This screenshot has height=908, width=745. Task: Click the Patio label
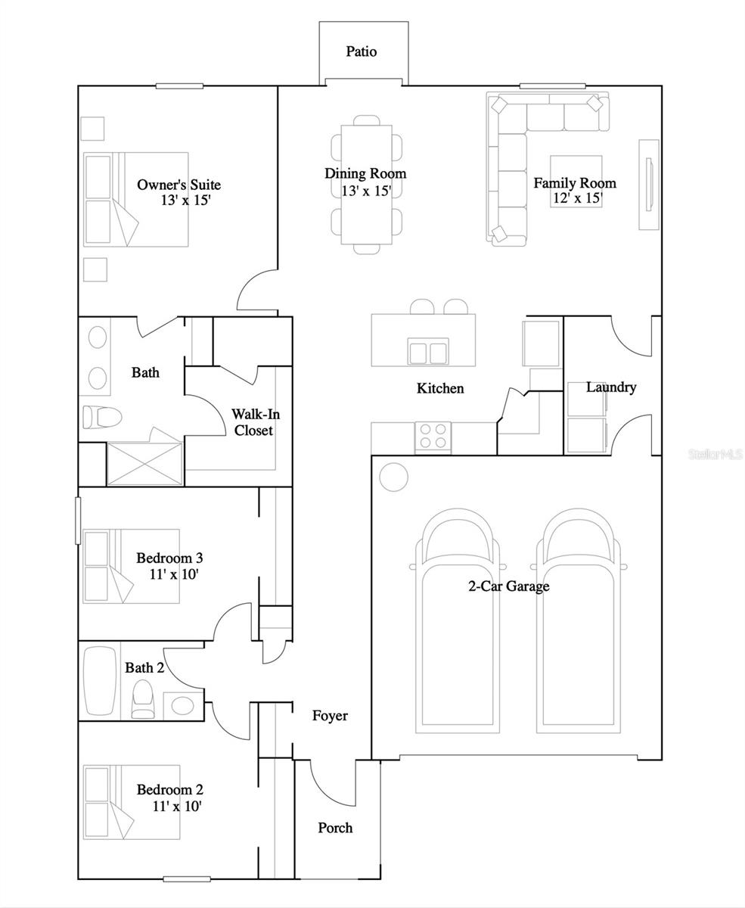pyautogui.click(x=362, y=51)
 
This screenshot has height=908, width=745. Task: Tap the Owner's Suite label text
pyautogui.click(x=178, y=185)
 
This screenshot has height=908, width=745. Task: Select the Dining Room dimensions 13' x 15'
pyautogui.click(x=366, y=191)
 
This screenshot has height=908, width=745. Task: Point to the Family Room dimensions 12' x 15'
pyautogui.click(x=576, y=199)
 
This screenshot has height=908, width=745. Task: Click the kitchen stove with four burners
pyautogui.click(x=432, y=437)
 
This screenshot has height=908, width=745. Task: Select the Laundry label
pyautogui.click(x=611, y=387)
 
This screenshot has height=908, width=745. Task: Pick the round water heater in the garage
pyautogui.click(x=393, y=476)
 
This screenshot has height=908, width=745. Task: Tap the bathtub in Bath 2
pyautogui.click(x=101, y=680)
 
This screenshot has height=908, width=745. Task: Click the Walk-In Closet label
pyautogui.click(x=253, y=422)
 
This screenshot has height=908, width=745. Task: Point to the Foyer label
pyautogui.click(x=331, y=716)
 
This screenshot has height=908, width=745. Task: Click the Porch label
pyautogui.click(x=335, y=828)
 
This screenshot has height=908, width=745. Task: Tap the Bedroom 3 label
pyautogui.click(x=169, y=558)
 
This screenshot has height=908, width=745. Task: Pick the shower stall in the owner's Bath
pyautogui.click(x=144, y=463)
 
